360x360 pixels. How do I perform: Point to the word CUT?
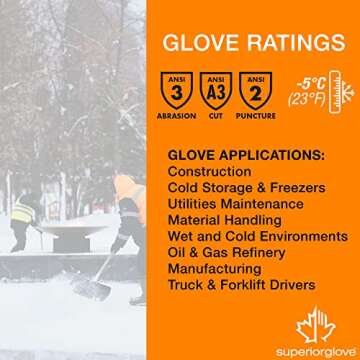pos(216,115)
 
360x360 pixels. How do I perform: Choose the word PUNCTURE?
pos(255,115)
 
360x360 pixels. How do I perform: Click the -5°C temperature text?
pos(306,83)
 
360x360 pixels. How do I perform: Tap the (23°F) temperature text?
pos(305,99)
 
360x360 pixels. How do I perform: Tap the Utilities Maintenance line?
pos(236,204)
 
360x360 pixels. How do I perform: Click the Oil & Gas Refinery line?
pos(233,252)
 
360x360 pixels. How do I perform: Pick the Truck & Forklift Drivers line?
pos(242,285)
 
